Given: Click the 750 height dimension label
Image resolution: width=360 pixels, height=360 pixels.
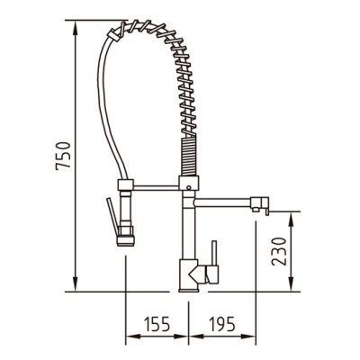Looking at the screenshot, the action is click(x=63, y=156).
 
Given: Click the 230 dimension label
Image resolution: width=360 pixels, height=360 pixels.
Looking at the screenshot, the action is click(x=279, y=251).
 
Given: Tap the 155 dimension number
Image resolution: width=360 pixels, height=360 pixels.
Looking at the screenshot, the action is click(x=157, y=324).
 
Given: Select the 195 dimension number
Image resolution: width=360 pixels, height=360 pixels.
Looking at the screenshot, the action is click(x=222, y=324).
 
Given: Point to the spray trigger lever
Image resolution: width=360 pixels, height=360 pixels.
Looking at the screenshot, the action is click(x=111, y=216).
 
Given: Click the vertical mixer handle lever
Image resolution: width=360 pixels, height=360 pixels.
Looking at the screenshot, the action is click(x=214, y=253).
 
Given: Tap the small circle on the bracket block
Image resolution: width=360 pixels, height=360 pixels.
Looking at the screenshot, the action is click(x=188, y=188).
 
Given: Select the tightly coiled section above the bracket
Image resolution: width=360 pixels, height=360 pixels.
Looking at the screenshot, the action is click(x=189, y=157).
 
